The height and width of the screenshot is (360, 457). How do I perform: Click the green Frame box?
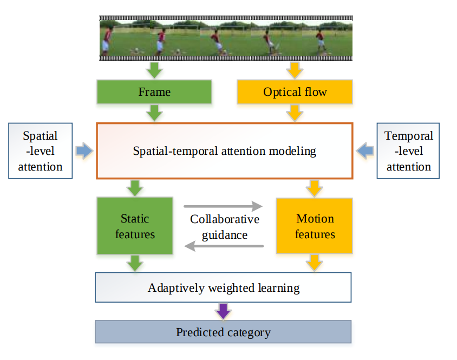point(154,92)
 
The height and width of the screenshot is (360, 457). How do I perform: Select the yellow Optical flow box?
point(295,92)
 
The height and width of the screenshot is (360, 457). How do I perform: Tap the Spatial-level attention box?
point(40,151)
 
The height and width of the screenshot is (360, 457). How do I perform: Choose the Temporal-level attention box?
point(408,151)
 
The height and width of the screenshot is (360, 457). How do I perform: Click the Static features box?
point(135,226)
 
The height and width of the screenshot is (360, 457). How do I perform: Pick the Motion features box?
point(315,226)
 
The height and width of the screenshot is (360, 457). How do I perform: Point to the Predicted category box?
point(223,332)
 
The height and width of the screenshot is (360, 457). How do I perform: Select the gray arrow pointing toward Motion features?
point(223,206)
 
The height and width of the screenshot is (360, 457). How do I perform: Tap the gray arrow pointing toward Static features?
point(223,246)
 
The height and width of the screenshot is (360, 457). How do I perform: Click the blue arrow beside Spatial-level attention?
point(84,151)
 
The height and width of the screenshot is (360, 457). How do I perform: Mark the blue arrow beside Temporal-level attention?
point(365,151)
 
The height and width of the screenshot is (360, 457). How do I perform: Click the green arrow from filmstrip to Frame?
point(154,70)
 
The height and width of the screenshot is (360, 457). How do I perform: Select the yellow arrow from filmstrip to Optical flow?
point(295,70)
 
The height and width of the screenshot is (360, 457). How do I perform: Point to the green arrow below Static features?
point(135,264)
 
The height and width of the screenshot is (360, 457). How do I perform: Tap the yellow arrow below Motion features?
point(315,264)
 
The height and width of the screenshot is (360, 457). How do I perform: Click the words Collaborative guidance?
point(224,227)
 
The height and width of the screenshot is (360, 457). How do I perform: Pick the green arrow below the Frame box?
point(154,113)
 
